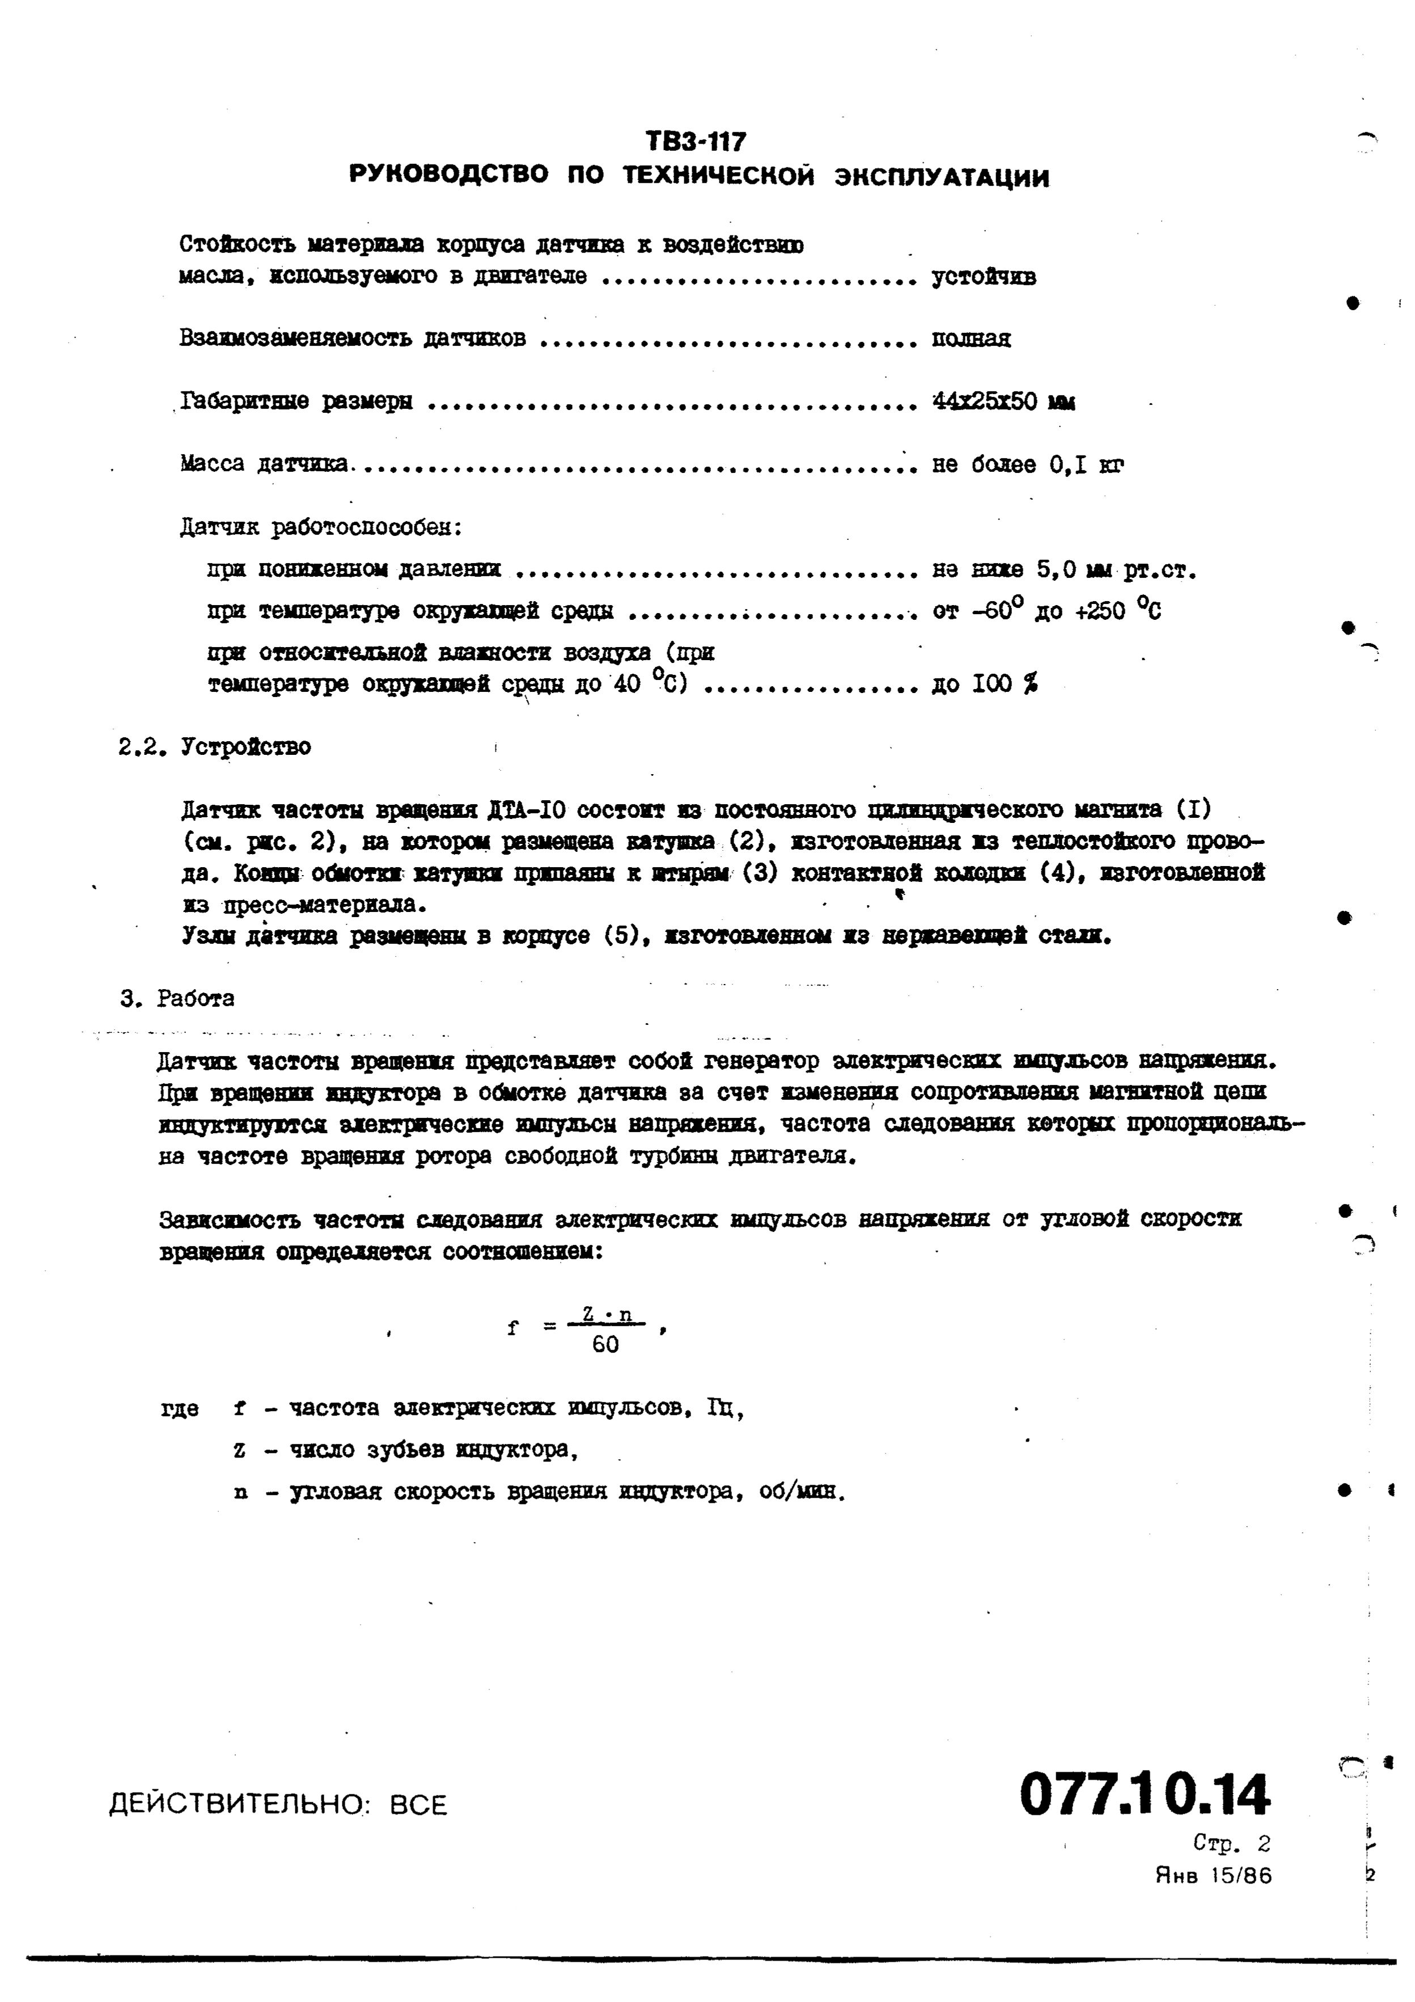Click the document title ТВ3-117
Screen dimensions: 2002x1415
click(x=696, y=141)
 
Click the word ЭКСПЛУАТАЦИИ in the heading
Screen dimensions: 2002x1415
click(x=942, y=178)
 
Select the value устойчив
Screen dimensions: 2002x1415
click(x=984, y=277)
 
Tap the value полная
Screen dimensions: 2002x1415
click(x=971, y=339)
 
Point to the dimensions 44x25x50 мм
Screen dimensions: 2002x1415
click(x=1003, y=402)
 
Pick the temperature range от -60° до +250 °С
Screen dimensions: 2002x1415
click(x=1046, y=610)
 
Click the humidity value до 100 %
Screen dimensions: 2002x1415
click(x=984, y=685)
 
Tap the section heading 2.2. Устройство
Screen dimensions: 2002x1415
click(x=214, y=747)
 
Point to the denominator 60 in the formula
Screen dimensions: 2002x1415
click(x=605, y=1345)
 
